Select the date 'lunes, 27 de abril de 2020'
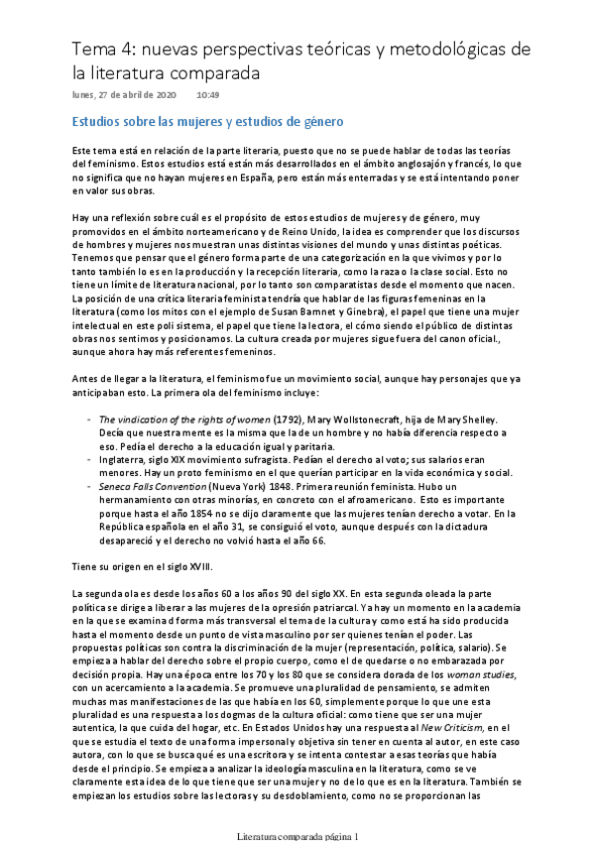(124, 95)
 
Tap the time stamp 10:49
(207, 95)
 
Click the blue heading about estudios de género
(207, 122)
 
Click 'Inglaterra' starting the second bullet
(124, 460)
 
